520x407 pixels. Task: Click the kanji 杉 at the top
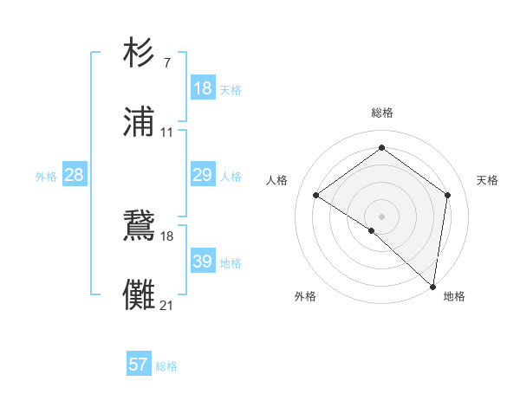(x=140, y=53)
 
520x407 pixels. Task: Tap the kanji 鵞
(x=140, y=226)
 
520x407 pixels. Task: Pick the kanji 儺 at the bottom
(x=140, y=295)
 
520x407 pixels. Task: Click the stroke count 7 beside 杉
(x=166, y=62)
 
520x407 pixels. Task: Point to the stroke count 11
(x=166, y=132)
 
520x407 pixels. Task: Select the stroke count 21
(x=166, y=306)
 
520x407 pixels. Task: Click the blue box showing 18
(x=203, y=88)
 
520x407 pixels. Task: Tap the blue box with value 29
(x=203, y=175)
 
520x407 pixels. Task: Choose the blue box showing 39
(x=203, y=262)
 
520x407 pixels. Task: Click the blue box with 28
(x=74, y=175)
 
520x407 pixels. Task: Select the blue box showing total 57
(x=139, y=365)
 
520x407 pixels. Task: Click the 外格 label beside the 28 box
(x=46, y=177)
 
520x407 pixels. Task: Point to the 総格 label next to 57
(x=166, y=366)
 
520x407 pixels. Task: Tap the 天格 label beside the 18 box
(x=231, y=90)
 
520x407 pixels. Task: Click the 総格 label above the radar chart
(x=382, y=113)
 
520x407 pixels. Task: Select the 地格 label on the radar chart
(x=454, y=296)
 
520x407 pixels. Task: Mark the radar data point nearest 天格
(x=448, y=195)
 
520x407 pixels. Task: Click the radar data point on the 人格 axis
(x=316, y=195)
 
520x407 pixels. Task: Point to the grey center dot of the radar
(x=382, y=216)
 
